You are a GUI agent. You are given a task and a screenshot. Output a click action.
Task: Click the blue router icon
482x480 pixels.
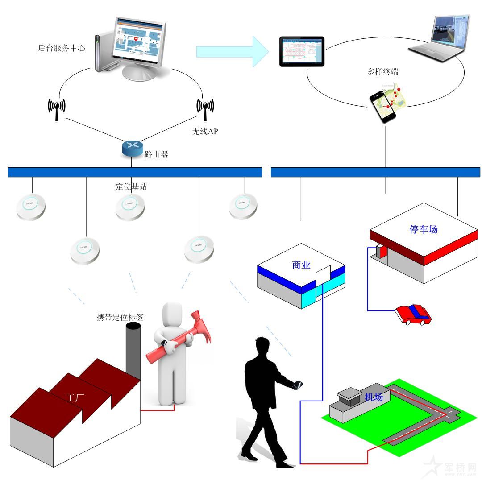click(132, 149)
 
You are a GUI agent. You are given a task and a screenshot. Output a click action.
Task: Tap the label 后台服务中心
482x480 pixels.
click(61, 48)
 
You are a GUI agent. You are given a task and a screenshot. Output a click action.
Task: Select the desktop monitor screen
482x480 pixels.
click(137, 41)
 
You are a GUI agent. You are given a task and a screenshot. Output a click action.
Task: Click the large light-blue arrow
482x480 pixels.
click(232, 52)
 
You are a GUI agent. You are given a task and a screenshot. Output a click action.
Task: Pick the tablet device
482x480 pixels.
click(302, 52)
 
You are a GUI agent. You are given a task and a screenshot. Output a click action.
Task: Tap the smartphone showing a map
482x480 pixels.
click(383, 106)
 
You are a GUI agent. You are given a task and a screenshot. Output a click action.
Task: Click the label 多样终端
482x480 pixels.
click(383, 72)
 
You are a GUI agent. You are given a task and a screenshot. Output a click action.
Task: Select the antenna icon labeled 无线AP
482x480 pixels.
click(205, 108)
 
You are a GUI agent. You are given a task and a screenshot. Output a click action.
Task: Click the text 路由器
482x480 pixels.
click(157, 155)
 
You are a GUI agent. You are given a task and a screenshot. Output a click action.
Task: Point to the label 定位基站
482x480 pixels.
click(131, 186)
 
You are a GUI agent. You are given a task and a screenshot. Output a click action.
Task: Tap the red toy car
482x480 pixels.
click(413, 314)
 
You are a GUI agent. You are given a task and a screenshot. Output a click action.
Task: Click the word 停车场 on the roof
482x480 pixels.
click(424, 229)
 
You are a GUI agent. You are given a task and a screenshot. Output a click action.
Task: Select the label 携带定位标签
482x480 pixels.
click(120, 318)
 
